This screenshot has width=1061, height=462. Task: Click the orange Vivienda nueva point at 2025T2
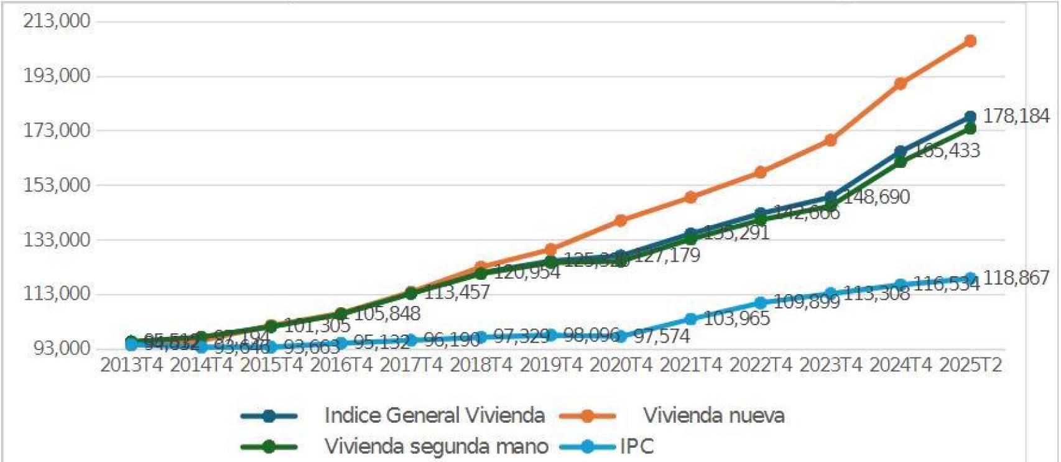pos(970,41)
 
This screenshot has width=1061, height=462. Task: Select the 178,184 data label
pos(1016,116)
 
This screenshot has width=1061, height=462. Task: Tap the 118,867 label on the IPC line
pos(1016,278)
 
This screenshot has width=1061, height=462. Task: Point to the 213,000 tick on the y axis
pos(57,21)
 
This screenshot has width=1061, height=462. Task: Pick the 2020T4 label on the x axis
pos(621,366)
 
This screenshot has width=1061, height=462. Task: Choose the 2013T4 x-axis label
pos(131,366)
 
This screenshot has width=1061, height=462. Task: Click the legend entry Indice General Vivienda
pos(434,415)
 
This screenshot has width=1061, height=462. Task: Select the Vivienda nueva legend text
pos(713,415)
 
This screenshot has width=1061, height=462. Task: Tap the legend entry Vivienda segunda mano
pos(436,446)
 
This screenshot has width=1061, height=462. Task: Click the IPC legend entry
pos(636,446)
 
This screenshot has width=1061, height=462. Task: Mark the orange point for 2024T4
pos(900,83)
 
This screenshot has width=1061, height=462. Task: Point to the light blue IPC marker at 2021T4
pos(690,319)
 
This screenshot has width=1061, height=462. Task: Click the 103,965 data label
pos(736,318)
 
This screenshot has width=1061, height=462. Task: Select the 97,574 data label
pos(661,336)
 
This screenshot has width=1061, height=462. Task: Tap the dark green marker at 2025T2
pos(970,129)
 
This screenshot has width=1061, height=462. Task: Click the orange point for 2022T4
pos(760,172)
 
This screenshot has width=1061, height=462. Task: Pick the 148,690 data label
pos(876,197)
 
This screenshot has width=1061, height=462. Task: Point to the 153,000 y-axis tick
pos(57,185)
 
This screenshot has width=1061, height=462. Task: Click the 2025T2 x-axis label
pos(970,366)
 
